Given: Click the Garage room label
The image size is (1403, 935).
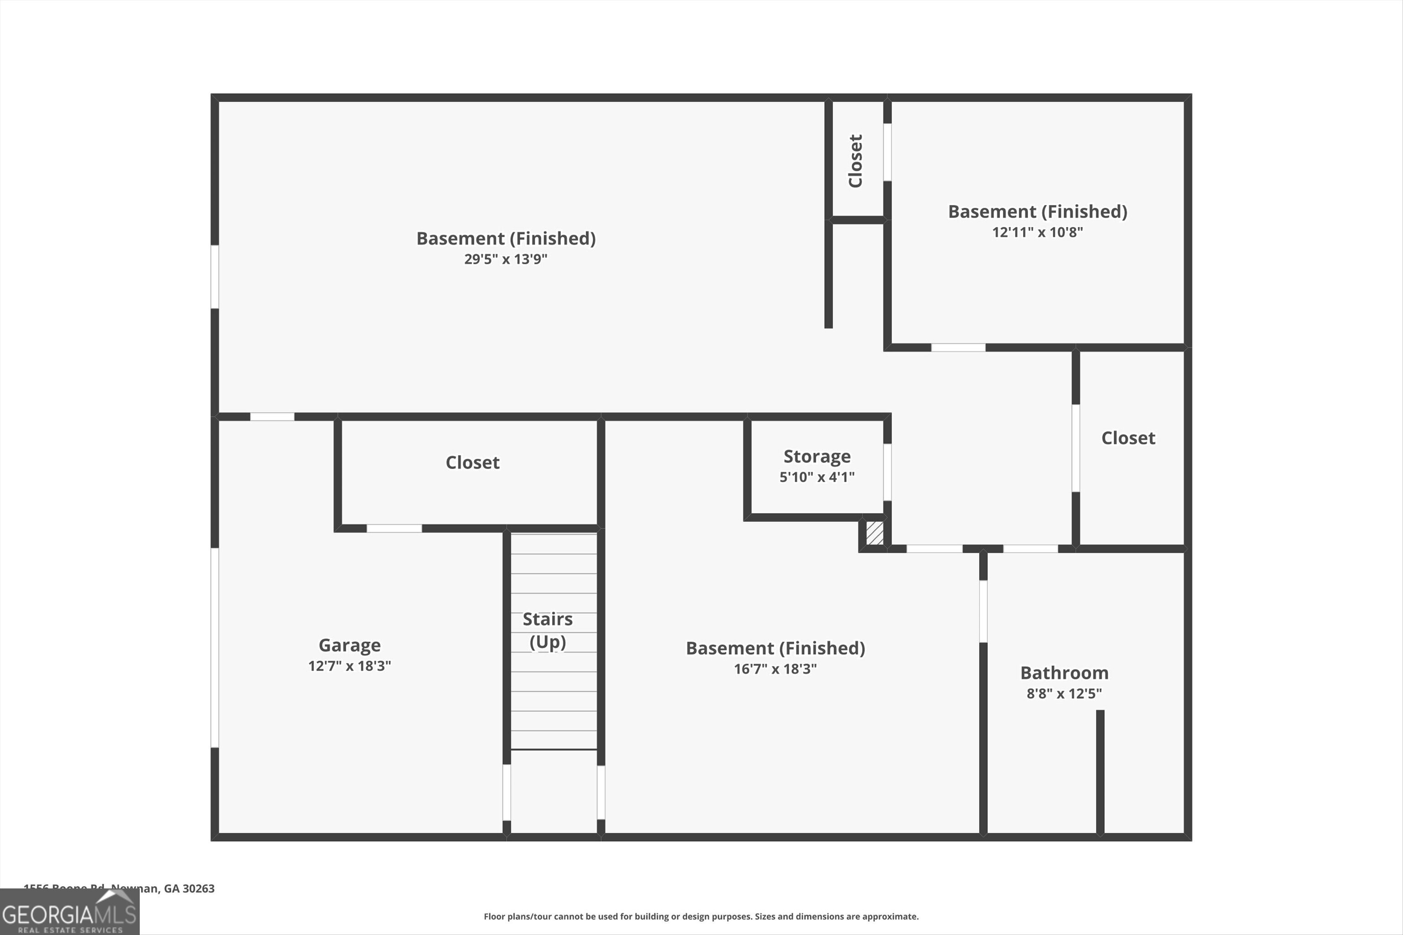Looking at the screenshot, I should (x=349, y=645).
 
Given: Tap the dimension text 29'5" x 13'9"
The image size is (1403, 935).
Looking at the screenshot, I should (x=505, y=259).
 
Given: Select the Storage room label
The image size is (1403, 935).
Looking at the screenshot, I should (x=817, y=456).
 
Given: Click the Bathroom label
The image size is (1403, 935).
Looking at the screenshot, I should (x=1064, y=672).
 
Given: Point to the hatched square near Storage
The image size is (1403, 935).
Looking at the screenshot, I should (x=875, y=532).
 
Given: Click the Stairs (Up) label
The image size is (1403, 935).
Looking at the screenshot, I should (x=548, y=630).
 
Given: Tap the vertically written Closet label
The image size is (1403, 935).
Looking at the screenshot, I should (x=855, y=161).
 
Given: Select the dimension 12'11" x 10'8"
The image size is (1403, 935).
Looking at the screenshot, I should (x=1037, y=232).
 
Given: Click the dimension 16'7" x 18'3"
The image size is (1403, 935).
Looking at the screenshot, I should (x=775, y=669).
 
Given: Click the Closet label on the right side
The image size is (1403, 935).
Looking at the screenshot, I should (x=1128, y=438).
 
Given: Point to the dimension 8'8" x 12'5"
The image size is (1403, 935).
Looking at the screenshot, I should (x=1064, y=693).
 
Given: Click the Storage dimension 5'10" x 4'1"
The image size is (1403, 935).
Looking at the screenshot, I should (x=817, y=477).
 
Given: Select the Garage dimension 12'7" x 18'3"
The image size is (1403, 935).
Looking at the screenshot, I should (x=349, y=666).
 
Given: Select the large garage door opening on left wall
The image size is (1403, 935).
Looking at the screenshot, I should (x=215, y=647).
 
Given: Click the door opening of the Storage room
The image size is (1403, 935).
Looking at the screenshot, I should (x=887, y=472).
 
